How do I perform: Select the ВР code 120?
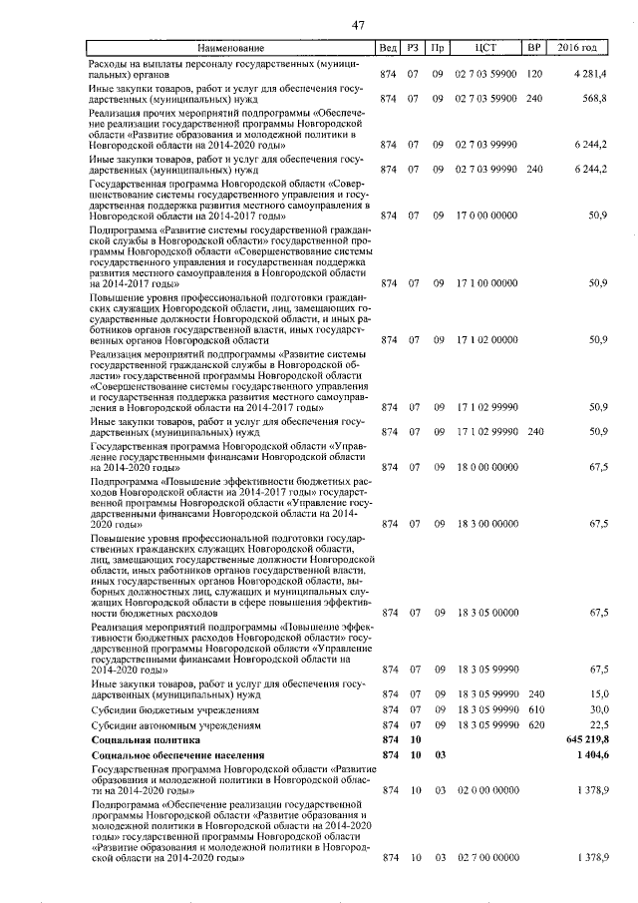click(534, 75)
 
